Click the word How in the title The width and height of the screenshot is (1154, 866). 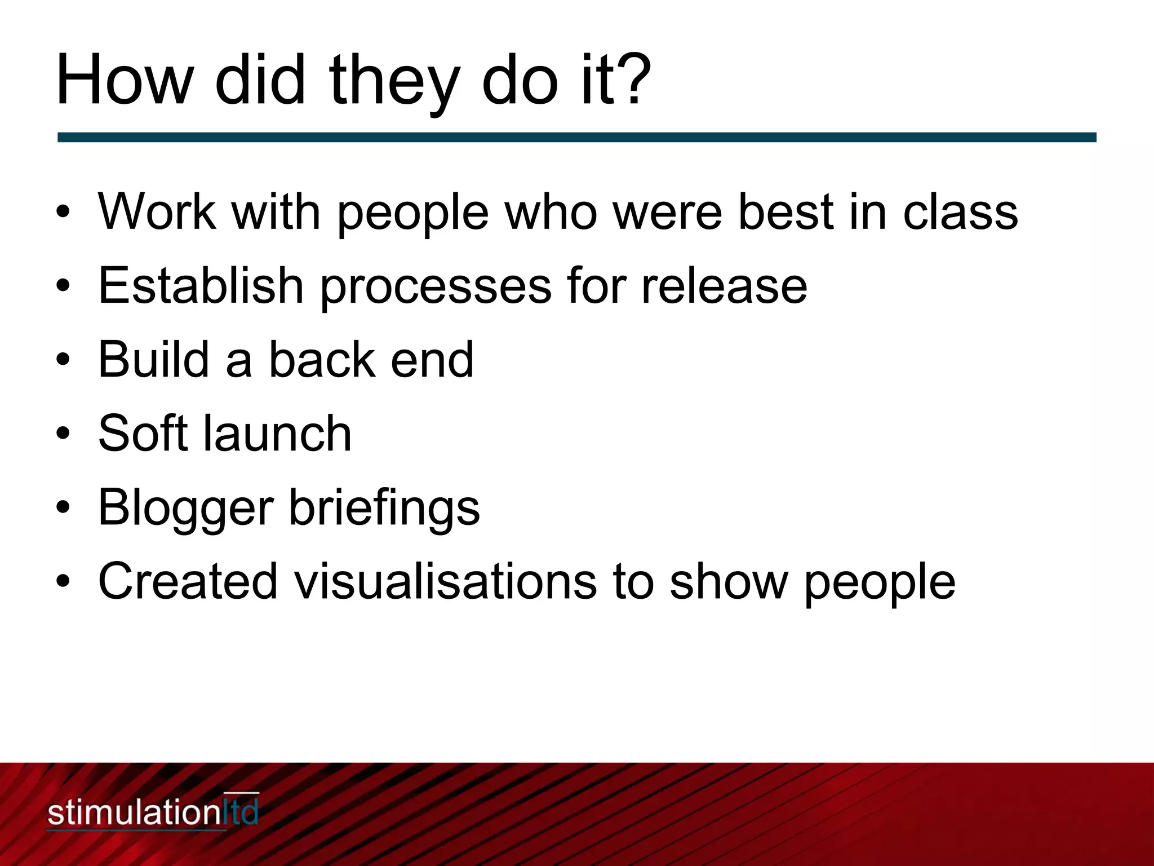[x=123, y=81]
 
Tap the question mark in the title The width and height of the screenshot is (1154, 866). [x=633, y=81]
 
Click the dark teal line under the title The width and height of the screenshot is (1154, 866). [x=576, y=137]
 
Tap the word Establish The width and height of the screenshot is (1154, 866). [x=201, y=285]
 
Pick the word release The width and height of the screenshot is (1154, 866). [x=724, y=285]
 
